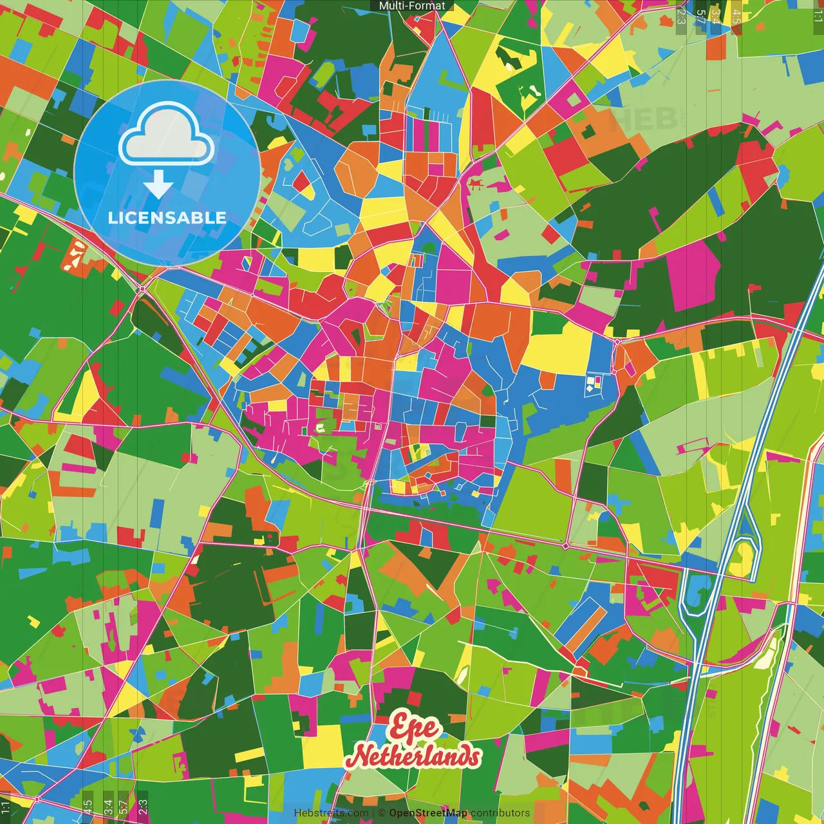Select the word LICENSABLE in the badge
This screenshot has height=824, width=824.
167,218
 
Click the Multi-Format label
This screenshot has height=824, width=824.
412,6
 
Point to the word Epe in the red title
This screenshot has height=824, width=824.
414,728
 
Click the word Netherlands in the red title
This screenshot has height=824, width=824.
415,756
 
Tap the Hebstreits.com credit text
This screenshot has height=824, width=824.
331,813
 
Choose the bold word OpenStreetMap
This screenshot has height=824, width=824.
428,813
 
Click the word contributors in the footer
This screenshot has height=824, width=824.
500,813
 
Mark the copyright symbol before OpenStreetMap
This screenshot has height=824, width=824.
382,813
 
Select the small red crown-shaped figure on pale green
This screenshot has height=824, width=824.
476,185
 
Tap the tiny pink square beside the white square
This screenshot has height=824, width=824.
597,379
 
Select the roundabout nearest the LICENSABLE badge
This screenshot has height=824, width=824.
142,290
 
